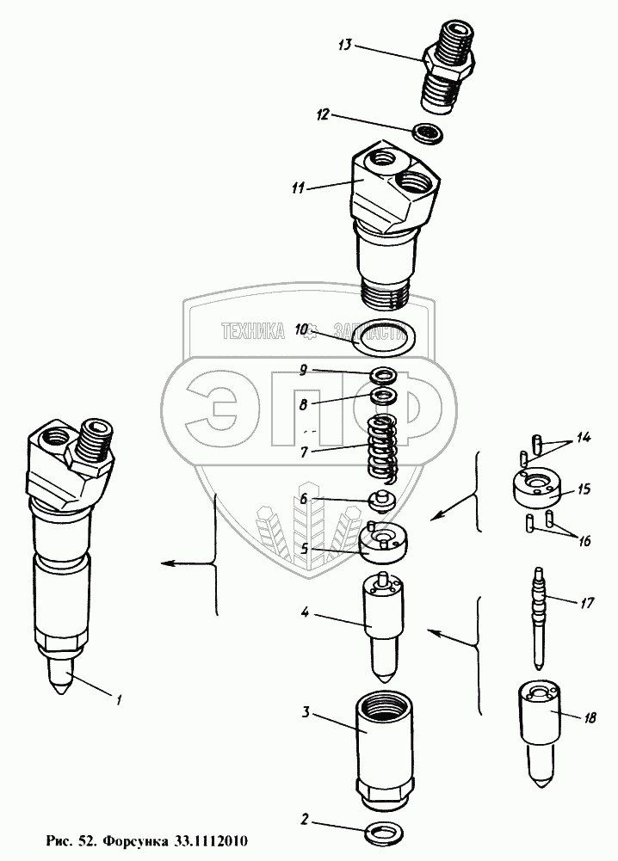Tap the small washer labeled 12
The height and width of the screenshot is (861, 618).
pos(426,132)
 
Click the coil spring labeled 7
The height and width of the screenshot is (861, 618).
pos(381,446)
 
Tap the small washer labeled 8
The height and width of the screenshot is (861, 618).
pos(383,397)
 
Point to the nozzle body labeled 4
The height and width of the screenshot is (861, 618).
pos(381,619)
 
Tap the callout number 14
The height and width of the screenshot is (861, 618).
pos(584,439)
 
